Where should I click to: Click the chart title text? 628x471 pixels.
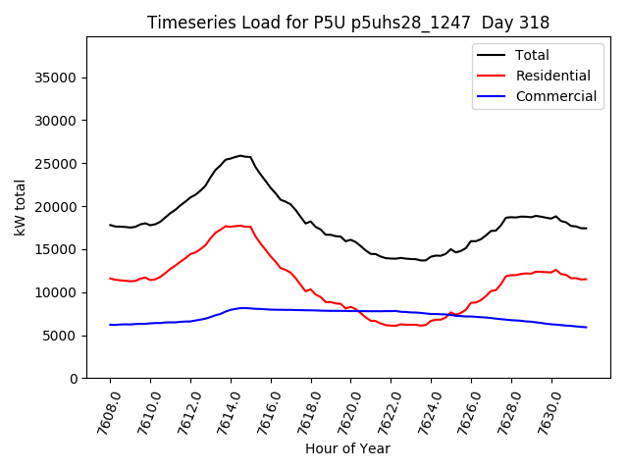348,23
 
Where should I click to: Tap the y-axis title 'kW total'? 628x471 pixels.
20,207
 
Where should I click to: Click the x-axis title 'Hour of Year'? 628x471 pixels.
347,448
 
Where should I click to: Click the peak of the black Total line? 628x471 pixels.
240,155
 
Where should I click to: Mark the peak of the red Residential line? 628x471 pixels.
239,226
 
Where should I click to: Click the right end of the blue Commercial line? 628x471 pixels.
587,327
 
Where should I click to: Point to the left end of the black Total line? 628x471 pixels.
110,225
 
